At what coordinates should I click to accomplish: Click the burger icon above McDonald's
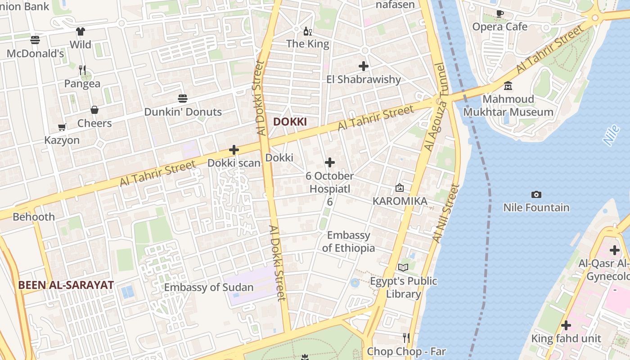[35, 40]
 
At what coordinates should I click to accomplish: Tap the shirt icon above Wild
[81, 31]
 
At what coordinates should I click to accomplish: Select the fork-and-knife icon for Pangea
[82, 70]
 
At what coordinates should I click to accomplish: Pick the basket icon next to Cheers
[94, 110]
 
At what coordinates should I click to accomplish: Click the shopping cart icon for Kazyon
[62, 127]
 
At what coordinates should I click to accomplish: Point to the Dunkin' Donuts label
[183, 112]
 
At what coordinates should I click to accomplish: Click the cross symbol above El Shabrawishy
[364, 66]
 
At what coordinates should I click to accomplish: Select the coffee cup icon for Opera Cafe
[499, 13]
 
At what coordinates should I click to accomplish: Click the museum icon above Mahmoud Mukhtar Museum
[508, 85]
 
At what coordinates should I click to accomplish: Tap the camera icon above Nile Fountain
[536, 194]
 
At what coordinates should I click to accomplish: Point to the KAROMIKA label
[400, 201]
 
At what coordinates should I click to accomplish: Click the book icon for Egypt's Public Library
[403, 268]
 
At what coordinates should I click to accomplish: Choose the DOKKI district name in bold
[290, 121]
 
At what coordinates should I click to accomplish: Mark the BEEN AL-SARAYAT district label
[66, 285]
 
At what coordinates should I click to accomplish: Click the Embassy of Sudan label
[209, 287]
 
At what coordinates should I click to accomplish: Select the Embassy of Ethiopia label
[348, 241]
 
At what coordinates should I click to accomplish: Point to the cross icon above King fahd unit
[566, 325]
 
